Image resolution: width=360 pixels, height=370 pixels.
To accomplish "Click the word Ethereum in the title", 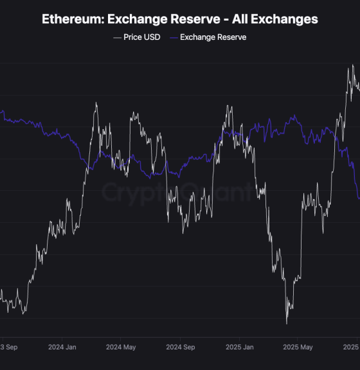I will (x=70, y=19).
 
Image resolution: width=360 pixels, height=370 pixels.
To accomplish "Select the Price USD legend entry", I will (x=141, y=37).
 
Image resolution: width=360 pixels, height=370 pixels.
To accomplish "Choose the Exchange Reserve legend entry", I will (x=213, y=37).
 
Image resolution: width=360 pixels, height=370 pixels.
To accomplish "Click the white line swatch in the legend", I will (x=116, y=37).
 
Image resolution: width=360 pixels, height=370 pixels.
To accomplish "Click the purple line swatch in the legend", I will (x=173, y=37).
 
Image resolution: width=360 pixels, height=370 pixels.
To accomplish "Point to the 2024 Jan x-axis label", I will (x=62, y=347).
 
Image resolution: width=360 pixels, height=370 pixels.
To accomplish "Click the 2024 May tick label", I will (x=121, y=347).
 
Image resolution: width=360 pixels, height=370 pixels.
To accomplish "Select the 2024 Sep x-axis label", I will (x=180, y=347).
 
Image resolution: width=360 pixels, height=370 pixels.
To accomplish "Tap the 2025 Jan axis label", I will (x=239, y=347).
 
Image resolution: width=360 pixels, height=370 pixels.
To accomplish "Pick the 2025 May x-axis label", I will (x=298, y=347).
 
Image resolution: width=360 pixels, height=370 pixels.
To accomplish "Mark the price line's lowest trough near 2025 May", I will (x=287, y=323).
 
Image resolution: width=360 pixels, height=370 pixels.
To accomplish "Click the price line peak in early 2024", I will (x=96, y=103).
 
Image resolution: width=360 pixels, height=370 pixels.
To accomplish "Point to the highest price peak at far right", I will (x=352, y=65).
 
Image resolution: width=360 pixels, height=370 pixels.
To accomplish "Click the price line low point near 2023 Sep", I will (x=24, y=313).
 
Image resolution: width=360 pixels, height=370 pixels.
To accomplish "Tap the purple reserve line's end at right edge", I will (x=359, y=198).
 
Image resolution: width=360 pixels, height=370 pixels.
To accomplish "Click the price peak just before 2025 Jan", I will (x=228, y=106).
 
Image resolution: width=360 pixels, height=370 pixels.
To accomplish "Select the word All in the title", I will (x=237, y=19).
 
